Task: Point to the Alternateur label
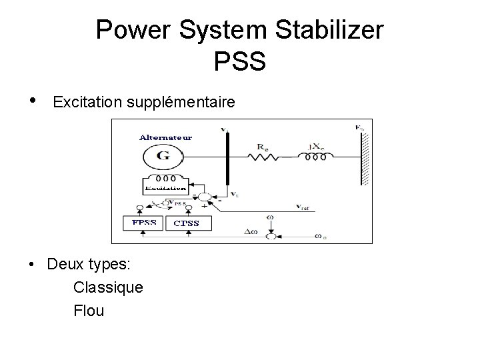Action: click(166, 137)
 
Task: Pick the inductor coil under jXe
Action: click(311, 158)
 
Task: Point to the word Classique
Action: click(107, 287)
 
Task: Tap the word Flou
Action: click(89, 311)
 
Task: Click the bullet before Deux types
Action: click(32, 265)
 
